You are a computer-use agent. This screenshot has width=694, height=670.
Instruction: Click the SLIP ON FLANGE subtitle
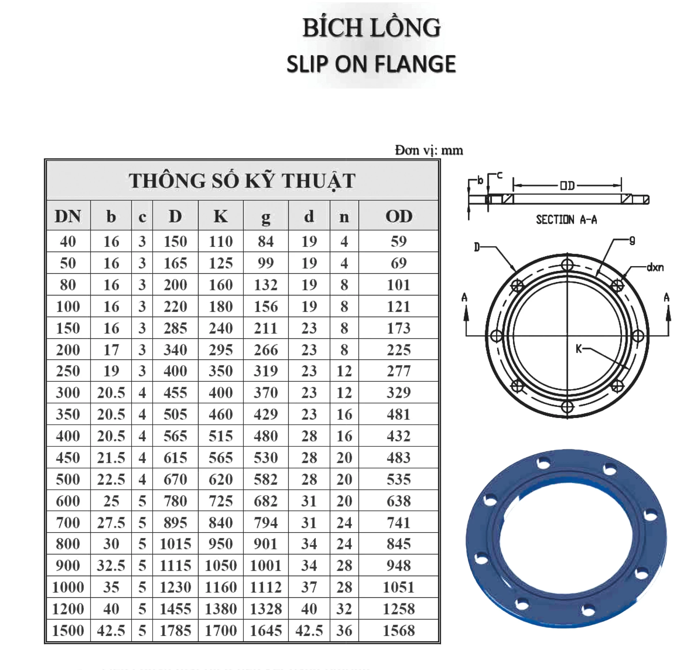coord(371,64)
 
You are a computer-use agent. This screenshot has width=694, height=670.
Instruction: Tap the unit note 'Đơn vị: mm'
coord(429,150)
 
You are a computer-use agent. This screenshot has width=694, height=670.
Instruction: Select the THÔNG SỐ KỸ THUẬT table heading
coord(242,181)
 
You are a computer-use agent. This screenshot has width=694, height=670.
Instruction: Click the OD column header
coord(399,216)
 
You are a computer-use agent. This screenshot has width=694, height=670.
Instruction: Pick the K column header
coord(221,216)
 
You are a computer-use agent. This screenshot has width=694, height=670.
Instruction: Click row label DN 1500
coord(68,630)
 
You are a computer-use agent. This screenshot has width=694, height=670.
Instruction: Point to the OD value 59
coord(399,241)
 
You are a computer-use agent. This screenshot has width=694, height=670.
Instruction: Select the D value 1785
coord(175,630)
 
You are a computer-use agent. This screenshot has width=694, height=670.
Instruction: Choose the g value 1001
coord(266,566)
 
